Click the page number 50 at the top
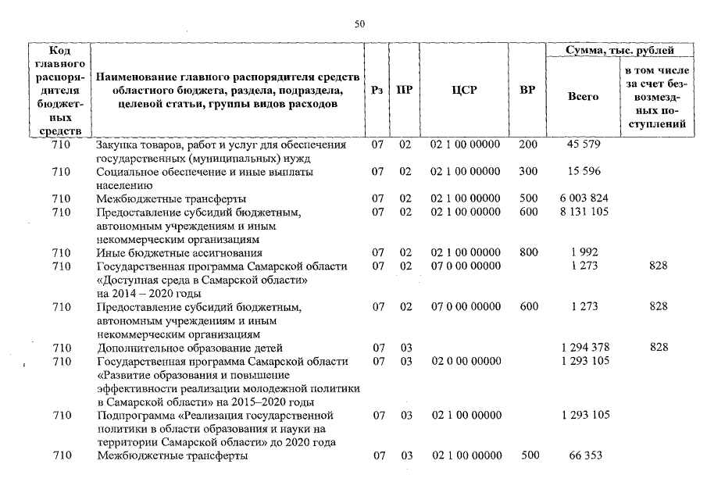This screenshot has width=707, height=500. click(x=359, y=24)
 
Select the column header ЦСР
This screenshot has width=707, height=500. click(x=464, y=90)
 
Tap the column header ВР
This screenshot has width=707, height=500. click(x=527, y=90)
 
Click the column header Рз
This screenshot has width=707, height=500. click(x=377, y=90)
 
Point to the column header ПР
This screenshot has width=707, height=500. click(x=405, y=90)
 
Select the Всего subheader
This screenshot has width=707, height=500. click(x=584, y=97)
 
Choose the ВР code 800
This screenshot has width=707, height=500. click(x=528, y=253)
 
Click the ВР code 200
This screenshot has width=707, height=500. click(x=528, y=145)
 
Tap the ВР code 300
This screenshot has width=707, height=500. click(x=528, y=171)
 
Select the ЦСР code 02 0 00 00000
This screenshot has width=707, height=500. click(x=465, y=361)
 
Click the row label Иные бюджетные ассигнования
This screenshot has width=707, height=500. click(x=179, y=253)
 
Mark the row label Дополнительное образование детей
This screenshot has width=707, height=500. click(x=189, y=348)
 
